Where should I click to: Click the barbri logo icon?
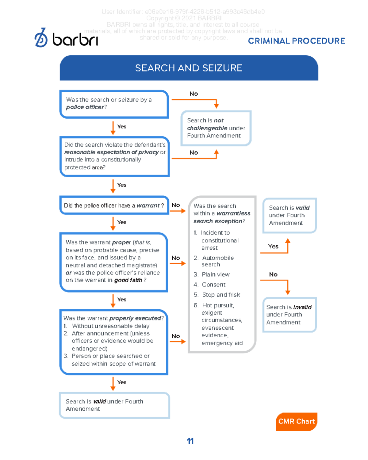click(41, 38)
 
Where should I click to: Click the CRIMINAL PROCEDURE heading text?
click(296, 41)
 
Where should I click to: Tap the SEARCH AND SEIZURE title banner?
click(189, 68)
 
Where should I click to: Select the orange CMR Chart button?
click(296, 421)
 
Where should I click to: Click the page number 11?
click(190, 441)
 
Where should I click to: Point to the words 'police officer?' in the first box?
click(86, 107)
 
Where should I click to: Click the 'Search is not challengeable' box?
click(216, 128)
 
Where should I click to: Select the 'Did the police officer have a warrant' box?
click(114, 205)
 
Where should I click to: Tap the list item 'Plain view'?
click(216, 274)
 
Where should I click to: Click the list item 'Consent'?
click(213, 285)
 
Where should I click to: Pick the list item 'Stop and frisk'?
click(221, 295)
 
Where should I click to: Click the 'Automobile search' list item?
click(217, 261)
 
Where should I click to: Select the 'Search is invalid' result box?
click(289, 315)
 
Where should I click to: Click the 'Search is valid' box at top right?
click(289, 215)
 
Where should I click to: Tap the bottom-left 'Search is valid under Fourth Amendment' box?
click(114, 405)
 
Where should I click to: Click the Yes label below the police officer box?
click(121, 127)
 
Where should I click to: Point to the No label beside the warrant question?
click(176, 205)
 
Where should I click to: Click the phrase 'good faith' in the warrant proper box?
click(128, 280)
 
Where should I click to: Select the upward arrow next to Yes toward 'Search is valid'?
click(287, 245)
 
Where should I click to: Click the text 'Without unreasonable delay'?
click(110, 326)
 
